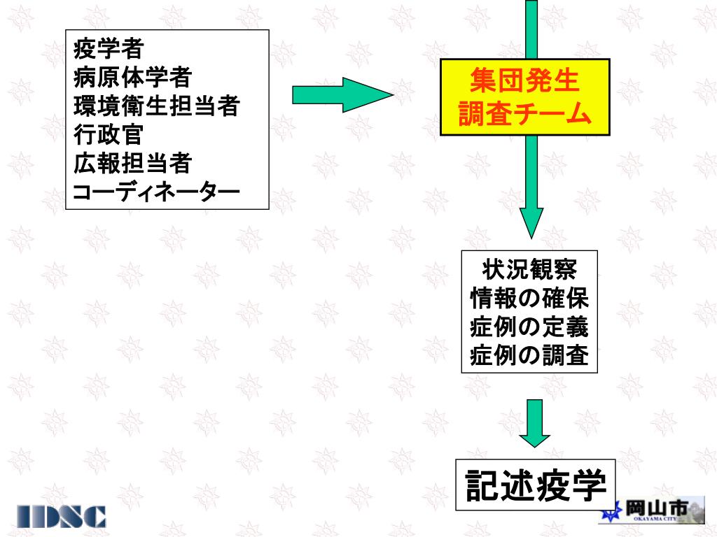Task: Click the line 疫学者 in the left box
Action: point(109,49)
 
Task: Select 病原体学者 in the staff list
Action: point(132,77)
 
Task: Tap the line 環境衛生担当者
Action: point(157,106)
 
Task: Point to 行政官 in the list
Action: point(109,134)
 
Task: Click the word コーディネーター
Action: point(156,191)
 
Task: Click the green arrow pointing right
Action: point(342,94)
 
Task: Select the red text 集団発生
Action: point(524,80)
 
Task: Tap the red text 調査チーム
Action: point(524,114)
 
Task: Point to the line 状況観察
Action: point(529,268)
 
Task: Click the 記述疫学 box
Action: point(536,485)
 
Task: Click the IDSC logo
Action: point(62,516)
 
